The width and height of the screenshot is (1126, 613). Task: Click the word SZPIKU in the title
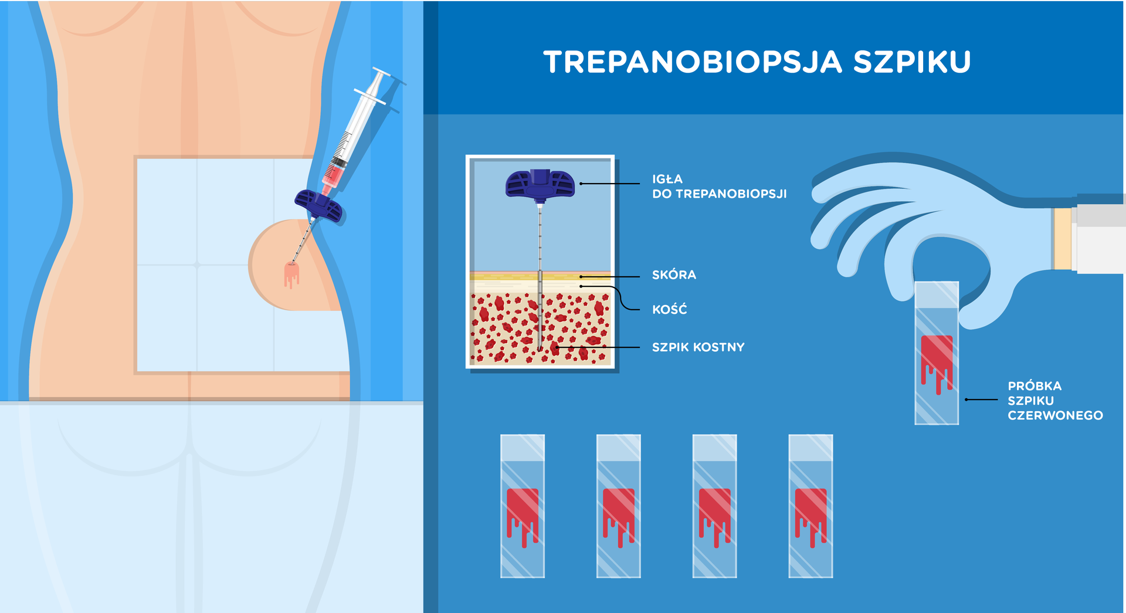(x=913, y=62)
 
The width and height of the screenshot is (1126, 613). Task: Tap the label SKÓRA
(x=674, y=275)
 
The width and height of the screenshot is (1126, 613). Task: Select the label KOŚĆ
(x=669, y=309)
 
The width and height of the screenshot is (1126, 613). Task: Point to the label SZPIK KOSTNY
(x=698, y=347)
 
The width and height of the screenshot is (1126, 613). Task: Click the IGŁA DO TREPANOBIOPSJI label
(x=719, y=187)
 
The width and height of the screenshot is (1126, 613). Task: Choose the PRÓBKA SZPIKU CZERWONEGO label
(x=1055, y=401)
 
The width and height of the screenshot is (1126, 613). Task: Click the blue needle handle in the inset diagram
(x=540, y=184)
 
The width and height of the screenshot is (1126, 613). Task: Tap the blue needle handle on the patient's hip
(x=318, y=206)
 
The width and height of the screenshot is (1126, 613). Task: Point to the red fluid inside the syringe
(x=332, y=175)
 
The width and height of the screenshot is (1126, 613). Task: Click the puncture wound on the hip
(x=291, y=274)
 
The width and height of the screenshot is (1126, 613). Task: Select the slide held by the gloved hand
(x=937, y=353)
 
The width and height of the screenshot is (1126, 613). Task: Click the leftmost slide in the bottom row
(x=523, y=506)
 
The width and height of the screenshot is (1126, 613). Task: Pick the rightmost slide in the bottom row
(x=810, y=506)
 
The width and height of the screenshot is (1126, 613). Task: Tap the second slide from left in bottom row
(x=619, y=506)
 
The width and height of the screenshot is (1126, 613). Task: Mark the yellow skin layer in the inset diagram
(x=540, y=275)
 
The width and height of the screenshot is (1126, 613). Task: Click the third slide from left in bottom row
(x=714, y=506)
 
